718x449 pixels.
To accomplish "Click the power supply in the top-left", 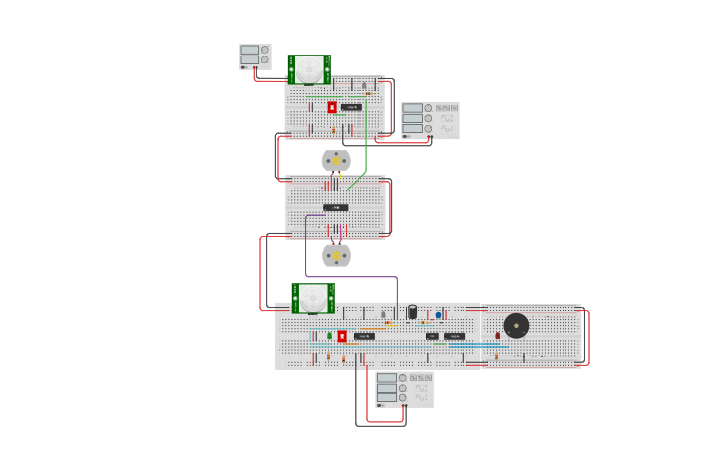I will (255, 56).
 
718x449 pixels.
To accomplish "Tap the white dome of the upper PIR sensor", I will (310, 68).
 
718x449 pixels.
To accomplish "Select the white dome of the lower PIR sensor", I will (314, 295).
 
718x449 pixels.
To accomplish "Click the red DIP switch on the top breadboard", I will (332, 107).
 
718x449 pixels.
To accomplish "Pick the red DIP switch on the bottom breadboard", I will (342, 336).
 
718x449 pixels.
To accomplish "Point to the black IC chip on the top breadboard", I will (351, 106).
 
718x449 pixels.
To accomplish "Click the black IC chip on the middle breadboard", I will (335, 207).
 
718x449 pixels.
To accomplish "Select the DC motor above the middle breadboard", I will (336, 161).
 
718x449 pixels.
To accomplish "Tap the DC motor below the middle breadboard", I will (336, 255).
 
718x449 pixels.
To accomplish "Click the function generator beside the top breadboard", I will (430, 120).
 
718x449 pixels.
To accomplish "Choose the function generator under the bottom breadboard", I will (404, 389).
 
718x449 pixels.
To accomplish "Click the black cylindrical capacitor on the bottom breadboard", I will (412, 312).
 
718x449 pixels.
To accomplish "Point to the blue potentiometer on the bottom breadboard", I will (438, 315).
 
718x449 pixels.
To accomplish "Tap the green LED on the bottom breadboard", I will (329, 335).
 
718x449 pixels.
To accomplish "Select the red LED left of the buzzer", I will (497, 335).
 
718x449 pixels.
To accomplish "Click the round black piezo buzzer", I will (516, 325).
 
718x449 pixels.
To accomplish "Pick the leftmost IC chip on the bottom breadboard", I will (364, 336).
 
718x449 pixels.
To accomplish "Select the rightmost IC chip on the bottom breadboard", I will (455, 336).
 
